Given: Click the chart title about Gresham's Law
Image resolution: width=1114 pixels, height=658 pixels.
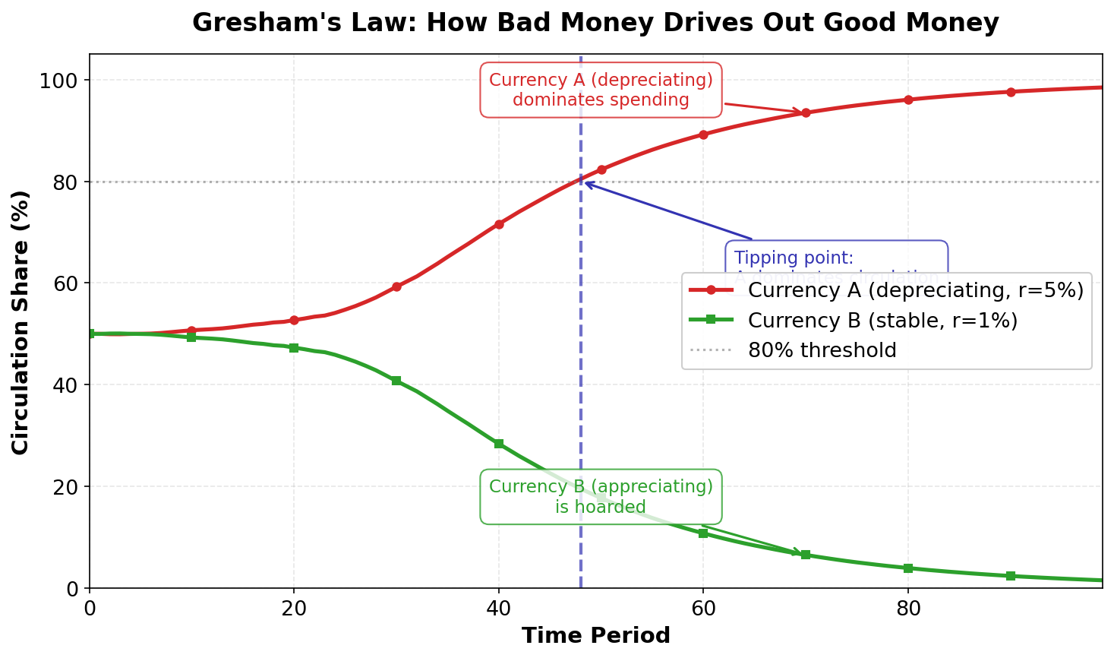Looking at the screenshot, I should [595, 23].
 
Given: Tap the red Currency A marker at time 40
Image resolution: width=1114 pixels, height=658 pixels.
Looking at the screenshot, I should [499, 224].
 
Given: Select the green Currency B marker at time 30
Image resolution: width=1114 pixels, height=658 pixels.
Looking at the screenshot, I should [396, 381].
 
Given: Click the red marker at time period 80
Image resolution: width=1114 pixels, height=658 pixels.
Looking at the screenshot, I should [908, 100].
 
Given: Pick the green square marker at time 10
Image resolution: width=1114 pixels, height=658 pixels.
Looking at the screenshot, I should [191, 337].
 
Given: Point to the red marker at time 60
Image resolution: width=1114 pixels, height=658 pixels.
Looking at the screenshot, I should [703, 134].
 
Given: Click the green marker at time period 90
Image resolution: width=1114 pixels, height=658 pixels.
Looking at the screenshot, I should [1011, 576].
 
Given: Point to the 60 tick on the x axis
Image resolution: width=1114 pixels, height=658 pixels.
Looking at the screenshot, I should [703, 609].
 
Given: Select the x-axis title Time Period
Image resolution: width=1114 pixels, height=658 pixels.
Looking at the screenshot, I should [595, 636].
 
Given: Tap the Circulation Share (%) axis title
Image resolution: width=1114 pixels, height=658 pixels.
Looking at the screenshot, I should [21, 322].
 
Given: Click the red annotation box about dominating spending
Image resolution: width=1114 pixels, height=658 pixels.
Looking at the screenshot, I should [601, 90].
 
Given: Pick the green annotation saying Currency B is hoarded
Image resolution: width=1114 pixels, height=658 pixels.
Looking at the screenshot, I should [601, 496].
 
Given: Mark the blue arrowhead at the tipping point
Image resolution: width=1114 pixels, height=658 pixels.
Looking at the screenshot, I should [587, 183].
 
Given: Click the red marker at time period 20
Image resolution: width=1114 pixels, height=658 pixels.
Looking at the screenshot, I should [294, 321].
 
